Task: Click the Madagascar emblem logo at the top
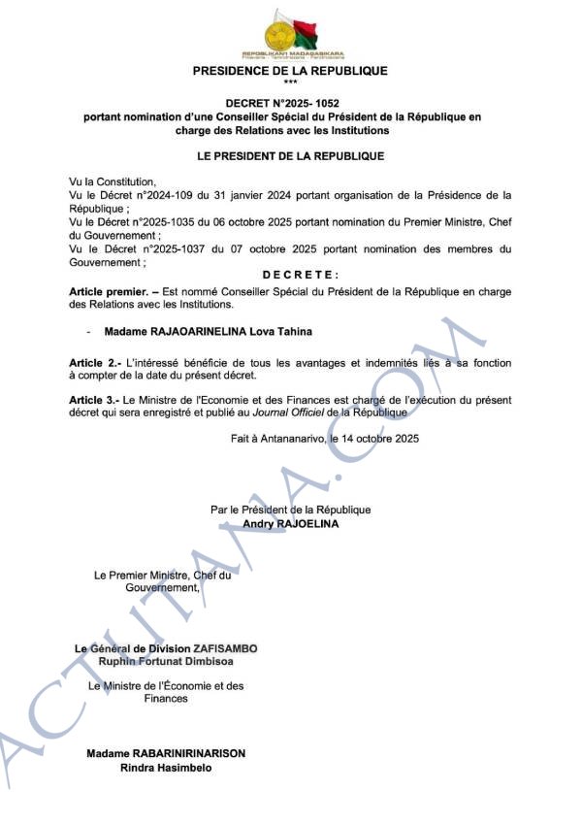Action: tap(290, 35)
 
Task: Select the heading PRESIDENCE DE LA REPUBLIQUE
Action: tap(290, 71)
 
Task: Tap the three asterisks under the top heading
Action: tap(290, 82)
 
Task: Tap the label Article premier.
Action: tap(110, 291)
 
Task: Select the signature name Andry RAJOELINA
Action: tap(290, 522)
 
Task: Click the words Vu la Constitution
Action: tap(113, 181)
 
